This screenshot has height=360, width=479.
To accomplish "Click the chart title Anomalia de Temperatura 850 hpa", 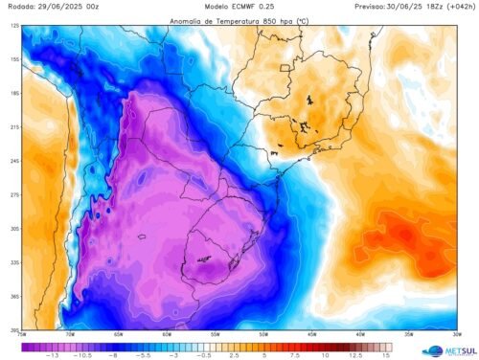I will click(x=237, y=18).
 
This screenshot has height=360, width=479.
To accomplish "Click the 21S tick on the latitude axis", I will click(x=14, y=126).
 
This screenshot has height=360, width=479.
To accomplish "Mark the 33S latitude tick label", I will click(x=14, y=262).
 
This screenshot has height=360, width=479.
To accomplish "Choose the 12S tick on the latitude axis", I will click(x=14, y=26).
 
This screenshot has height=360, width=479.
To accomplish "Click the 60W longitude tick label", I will click(x=167, y=333).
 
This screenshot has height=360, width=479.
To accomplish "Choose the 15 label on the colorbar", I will click(x=385, y=355).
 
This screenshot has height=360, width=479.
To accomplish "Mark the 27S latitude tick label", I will click(x=14, y=194).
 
